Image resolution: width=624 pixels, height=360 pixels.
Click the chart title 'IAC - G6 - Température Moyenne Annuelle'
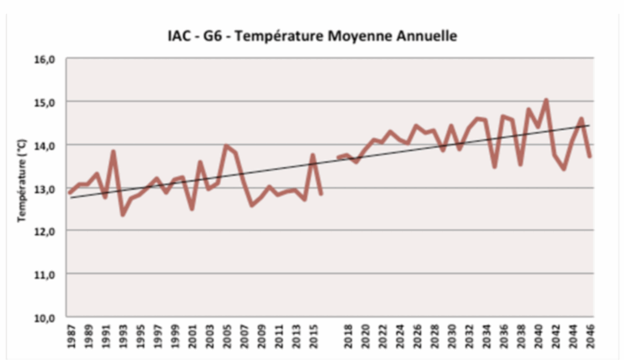[x=312, y=36]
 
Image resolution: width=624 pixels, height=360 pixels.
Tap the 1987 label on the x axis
[x=71, y=337]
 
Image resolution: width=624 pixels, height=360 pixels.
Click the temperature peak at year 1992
[x=113, y=151]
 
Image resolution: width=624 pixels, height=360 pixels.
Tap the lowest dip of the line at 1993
[x=122, y=214]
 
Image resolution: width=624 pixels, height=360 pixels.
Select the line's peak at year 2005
[x=226, y=146]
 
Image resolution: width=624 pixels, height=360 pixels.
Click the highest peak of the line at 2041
[x=546, y=100]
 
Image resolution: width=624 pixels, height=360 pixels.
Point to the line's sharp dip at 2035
[x=494, y=166]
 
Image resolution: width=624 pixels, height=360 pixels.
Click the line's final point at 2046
[x=590, y=157]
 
